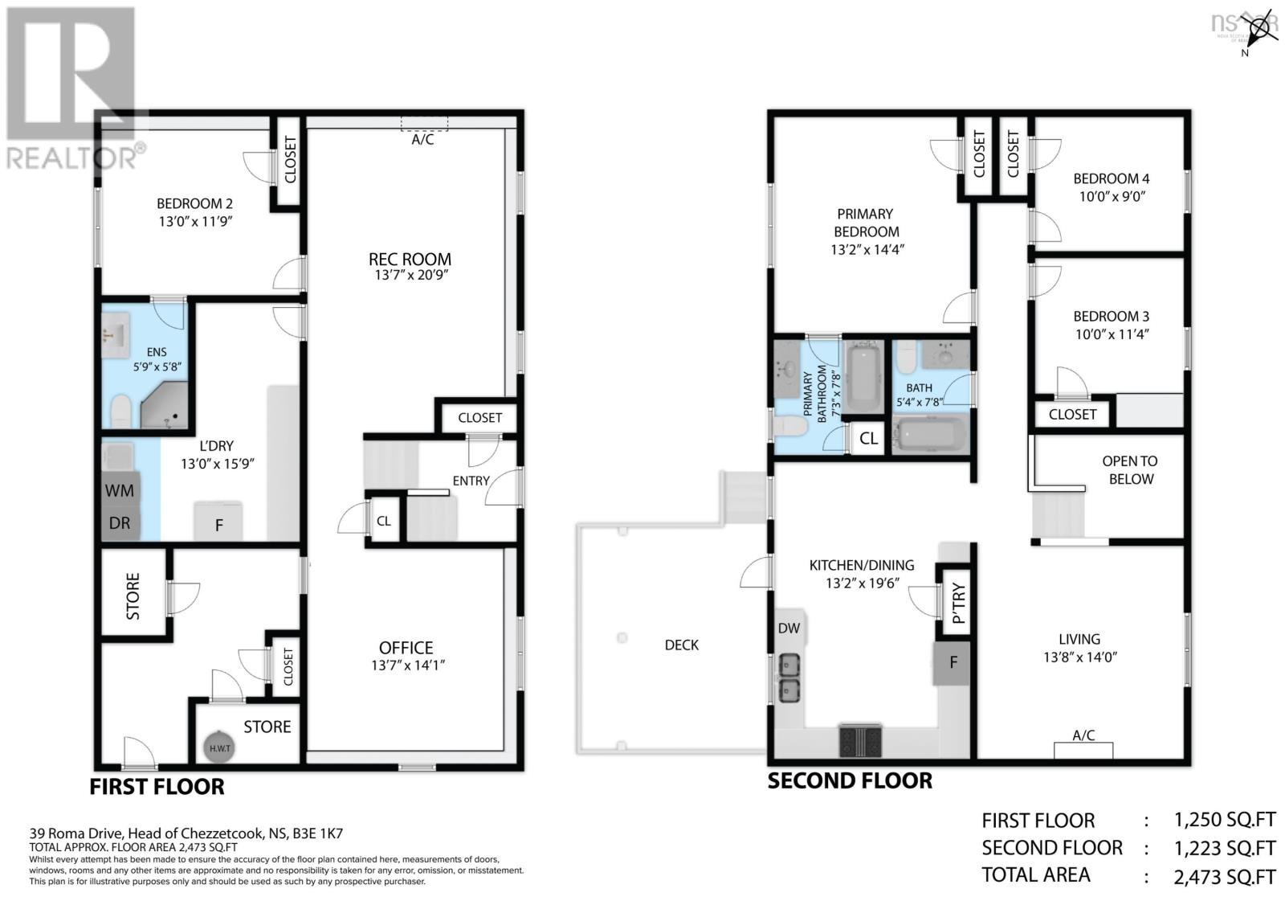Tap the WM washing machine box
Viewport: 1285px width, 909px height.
pyautogui.click(x=120, y=490)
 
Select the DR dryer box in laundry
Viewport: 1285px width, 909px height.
pyautogui.click(x=120, y=523)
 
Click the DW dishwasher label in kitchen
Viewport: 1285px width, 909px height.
pyautogui.click(x=789, y=628)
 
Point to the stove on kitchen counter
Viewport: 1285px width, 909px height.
pyautogui.click(x=861, y=739)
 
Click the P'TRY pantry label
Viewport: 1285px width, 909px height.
pyautogui.click(x=958, y=603)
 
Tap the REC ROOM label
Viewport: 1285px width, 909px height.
pyautogui.click(x=410, y=259)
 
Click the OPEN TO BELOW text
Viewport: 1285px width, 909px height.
pyautogui.click(x=1130, y=470)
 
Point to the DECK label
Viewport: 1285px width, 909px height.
pyautogui.click(x=681, y=645)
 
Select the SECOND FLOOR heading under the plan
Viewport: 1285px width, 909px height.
pyautogui.click(x=850, y=780)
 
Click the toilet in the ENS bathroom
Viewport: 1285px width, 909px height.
pyautogui.click(x=120, y=412)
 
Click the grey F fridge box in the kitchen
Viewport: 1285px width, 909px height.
pyautogui.click(x=953, y=663)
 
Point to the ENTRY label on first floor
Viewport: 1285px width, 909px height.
pyautogui.click(x=471, y=481)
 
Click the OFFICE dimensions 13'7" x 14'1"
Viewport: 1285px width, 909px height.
pyautogui.click(x=408, y=665)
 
